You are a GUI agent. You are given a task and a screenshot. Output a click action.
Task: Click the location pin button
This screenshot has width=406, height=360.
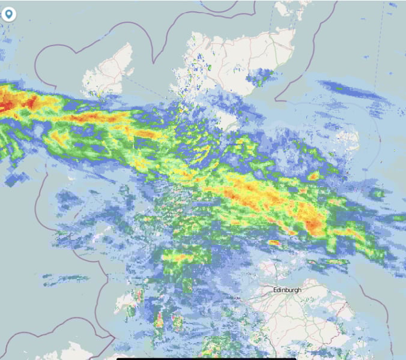click(x=9, y=14)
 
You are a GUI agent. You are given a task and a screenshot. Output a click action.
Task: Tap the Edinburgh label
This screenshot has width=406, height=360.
click(x=286, y=290)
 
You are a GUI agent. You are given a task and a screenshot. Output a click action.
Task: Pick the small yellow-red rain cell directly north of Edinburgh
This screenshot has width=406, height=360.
click(x=274, y=243)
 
